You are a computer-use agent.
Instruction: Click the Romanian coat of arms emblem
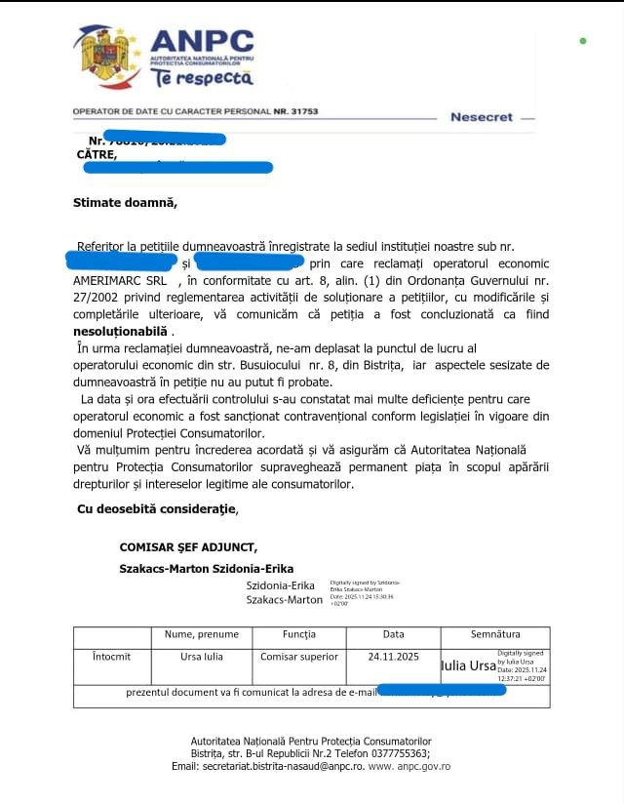[x=101, y=56]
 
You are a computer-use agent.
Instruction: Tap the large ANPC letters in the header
[x=202, y=42]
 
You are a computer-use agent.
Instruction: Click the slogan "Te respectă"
[x=201, y=78]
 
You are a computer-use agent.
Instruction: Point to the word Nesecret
[x=481, y=117]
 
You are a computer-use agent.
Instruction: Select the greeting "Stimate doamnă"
[x=126, y=203]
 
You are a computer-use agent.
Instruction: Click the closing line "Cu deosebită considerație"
[x=156, y=508]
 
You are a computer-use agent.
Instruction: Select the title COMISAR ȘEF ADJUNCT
[x=188, y=548]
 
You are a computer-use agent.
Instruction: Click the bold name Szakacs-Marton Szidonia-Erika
[x=206, y=568]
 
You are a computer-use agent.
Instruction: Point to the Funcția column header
[x=298, y=635]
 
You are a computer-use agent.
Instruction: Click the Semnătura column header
[x=494, y=635]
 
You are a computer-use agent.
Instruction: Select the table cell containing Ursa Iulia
[x=202, y=657]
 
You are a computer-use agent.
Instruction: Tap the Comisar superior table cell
[x=299, y=657]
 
